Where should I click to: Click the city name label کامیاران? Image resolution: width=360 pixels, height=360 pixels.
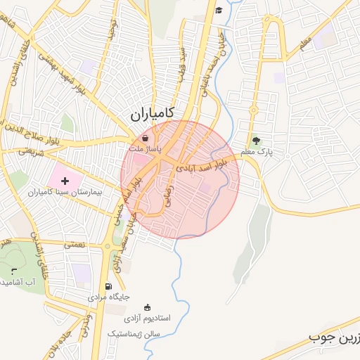coord(152,112)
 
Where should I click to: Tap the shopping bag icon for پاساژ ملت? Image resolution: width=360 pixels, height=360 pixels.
coord(145,139)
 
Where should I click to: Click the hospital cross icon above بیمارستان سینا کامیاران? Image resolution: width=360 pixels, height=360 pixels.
coord(65,181)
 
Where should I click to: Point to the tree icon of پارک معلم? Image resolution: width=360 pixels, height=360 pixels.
coord(256,140)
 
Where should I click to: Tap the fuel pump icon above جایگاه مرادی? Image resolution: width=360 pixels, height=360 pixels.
coord(108,286)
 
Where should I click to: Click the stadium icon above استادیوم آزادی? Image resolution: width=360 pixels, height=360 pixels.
coord(147,307)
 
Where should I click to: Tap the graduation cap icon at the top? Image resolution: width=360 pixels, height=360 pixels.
coord(219,10)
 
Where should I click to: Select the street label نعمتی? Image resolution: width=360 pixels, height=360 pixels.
coord(74,245)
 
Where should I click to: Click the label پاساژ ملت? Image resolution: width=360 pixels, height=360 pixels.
coord(145,150)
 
